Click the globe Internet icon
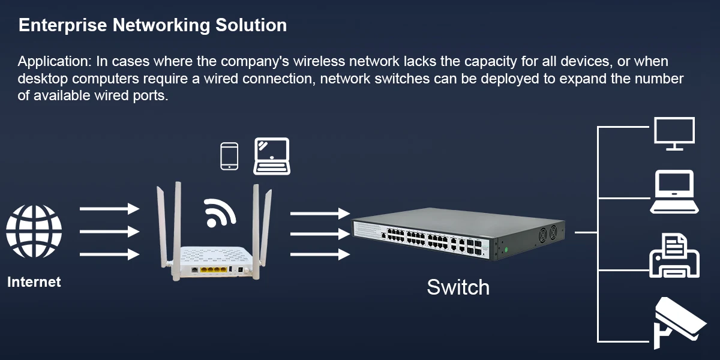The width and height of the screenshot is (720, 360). pyautogui.click(x=34, y=232)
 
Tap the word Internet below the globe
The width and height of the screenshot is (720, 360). pyautogui.click(x=34, y=281)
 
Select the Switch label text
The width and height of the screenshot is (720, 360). pyautogui.click(x=458, y=287)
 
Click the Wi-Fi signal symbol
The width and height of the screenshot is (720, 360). pyautogui.click(x=219, y=212)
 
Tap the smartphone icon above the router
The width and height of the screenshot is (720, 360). pyautogui.click(x=229, y=156)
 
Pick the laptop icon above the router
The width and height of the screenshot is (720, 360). pyautogui.click(x=272, y=156)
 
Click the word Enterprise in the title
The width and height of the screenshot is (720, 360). pyautogui.click(x=55, y=25)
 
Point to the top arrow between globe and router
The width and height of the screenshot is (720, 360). pyautogui.click(x=109, y=208)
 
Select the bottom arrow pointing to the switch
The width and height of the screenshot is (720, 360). pyautogui.click(x=320, y=254)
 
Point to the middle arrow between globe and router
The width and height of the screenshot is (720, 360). pyautogui.click(x=109, y=232)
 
